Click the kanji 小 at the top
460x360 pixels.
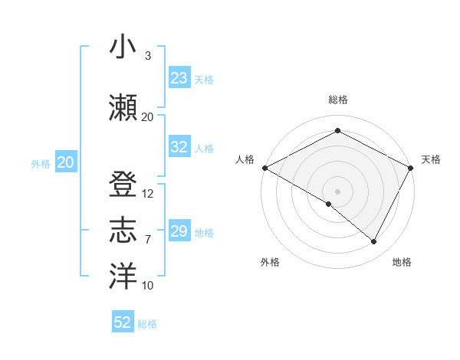(x=123, y=47)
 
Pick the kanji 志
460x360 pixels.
(x=123, y=231)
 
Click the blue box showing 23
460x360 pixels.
(x=179, y=78)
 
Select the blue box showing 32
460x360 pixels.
(x=179, y=147)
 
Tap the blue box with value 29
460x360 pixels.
(x=179, y=231)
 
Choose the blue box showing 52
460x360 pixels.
(x=123, y=322)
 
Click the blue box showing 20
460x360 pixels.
(x=65, y=162)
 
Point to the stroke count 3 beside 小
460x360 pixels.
(x=148, y=56)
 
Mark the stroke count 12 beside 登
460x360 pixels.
(x=148, y=193)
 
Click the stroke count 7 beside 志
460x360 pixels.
(x=148, y=240)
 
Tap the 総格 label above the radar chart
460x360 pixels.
(x=337, y=100)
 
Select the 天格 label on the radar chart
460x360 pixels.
(x=431, y=159)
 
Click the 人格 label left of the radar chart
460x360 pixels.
(x=245, y=159)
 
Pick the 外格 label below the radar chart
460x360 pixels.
(x=270, y=262)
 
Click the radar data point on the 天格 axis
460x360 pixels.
(x=412, y=167)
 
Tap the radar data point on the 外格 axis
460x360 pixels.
(x=329, y=204)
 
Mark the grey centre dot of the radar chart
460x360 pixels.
(x=337, y=191)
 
